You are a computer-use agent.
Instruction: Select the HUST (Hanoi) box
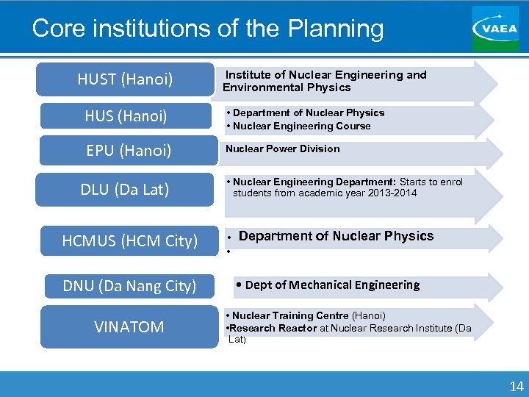tap(125, 79)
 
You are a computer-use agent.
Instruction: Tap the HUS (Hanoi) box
tap(125, 116)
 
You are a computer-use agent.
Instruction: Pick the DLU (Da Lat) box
tap(125, 190)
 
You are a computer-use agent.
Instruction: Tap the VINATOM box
tap(129, 326)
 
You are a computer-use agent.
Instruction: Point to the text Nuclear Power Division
tap(283, 149)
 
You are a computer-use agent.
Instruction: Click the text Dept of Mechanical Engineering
tap(332, 285)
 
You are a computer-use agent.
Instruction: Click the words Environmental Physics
tap(287, 87)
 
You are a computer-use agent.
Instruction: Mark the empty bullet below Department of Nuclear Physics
tap(229, 251)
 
